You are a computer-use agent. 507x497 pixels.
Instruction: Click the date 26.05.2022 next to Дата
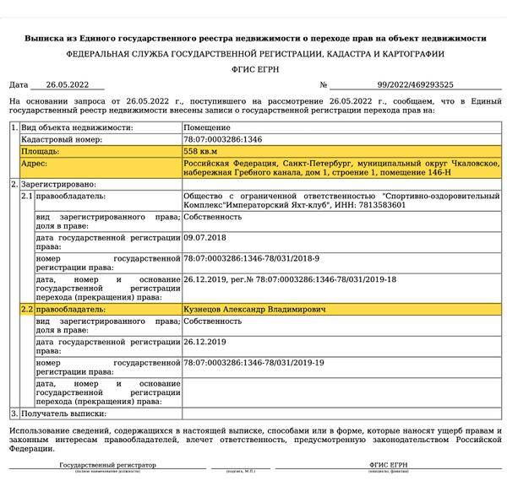[67, 84]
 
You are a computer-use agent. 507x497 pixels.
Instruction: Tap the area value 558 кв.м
[201, 150]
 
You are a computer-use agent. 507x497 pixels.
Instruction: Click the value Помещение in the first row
[207, 127]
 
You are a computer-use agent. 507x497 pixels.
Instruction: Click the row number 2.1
[26, 195]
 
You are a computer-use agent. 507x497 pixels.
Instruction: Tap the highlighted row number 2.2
[26, 311]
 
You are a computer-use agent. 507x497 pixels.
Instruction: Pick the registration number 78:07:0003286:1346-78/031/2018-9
[251, 258]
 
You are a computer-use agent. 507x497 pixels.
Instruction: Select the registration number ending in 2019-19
[253, 362]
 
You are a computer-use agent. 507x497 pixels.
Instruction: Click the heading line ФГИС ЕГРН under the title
[253, 68]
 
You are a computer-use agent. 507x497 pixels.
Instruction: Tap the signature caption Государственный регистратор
[107, 465]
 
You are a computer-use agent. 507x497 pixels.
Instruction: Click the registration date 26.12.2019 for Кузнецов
[204, 342]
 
